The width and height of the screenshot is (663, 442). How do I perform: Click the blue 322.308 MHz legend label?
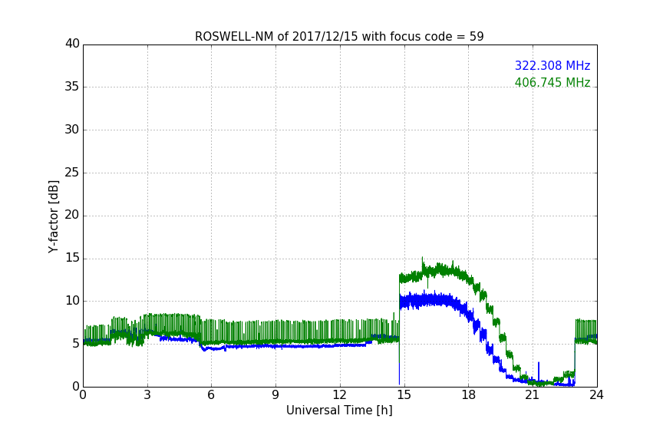coord(552,66)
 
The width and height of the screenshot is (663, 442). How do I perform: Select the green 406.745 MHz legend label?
coord(552,83)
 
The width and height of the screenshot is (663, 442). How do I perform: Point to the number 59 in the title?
coord(476,37)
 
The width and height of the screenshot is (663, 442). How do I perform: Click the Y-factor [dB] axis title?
coord(54,216)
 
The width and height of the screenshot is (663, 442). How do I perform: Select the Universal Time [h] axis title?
coord(339,411)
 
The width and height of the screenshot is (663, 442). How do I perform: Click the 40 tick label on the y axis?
coord(72,44)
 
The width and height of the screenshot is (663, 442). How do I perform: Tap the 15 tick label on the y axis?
coord(72,259)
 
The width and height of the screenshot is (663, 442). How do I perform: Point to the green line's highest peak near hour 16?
coord(422,259)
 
